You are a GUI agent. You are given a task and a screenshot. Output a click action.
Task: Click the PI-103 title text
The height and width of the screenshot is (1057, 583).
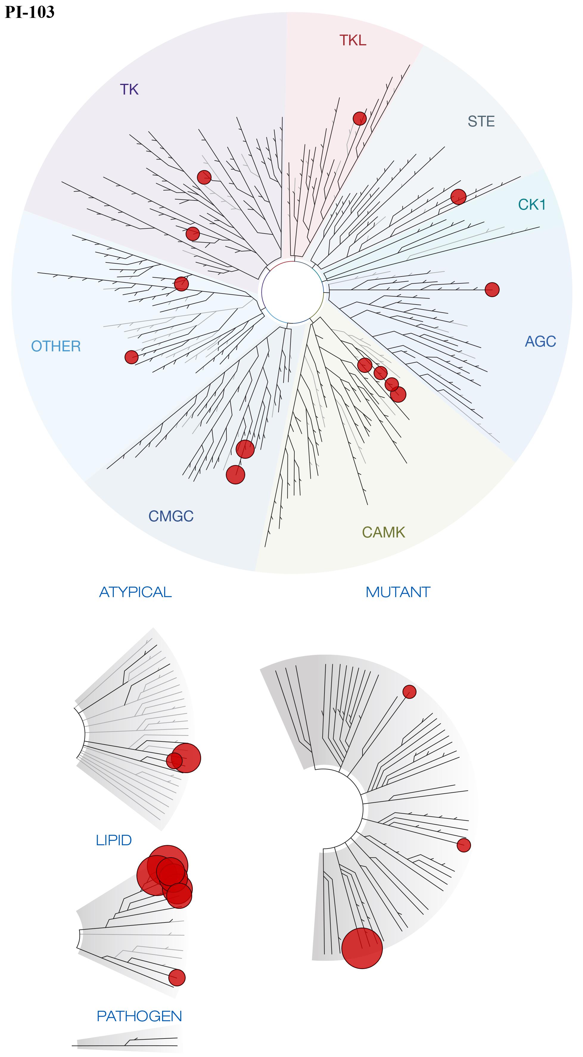(29, 12)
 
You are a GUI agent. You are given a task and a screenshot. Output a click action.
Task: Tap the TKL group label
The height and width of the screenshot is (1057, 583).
(353, 40)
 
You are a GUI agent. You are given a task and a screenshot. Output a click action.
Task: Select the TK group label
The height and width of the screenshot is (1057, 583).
(129, 89)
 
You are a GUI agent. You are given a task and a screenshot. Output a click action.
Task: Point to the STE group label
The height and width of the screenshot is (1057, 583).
(481, 121)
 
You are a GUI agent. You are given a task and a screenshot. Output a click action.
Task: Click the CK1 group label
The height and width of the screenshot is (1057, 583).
(532, 204)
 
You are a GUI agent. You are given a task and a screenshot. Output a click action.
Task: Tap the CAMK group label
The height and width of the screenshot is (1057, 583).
(383, 532)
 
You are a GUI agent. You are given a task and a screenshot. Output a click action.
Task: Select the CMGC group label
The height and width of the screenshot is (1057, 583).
(171, 516)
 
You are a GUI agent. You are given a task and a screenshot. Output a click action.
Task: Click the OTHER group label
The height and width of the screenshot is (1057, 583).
(56, 346)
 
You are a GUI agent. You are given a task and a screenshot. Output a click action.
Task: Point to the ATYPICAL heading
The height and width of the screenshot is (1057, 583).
(135, 592)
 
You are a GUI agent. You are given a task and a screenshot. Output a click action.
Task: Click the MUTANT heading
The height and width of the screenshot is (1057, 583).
(398, 592)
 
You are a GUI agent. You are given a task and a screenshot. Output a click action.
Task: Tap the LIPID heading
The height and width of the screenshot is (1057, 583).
(114, 840)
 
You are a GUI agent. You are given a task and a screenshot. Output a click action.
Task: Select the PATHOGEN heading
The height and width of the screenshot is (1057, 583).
(139, 1016)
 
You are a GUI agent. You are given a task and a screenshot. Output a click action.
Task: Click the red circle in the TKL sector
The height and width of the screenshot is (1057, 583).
(360, 119)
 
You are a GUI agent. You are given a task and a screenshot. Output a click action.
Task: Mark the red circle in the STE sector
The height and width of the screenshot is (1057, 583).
(458, 197)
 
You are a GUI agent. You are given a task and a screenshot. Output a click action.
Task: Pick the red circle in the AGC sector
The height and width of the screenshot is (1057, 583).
(492, 289)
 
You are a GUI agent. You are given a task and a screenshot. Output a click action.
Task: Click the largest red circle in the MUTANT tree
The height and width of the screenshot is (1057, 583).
(362, 948)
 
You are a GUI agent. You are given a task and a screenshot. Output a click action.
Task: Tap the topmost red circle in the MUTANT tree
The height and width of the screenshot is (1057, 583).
(409, 692)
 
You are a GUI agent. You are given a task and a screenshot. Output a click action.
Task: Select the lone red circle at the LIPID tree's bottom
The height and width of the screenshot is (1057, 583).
(177, 978)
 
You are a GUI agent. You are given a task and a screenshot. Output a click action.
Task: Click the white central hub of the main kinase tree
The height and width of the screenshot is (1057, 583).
(292, 292)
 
